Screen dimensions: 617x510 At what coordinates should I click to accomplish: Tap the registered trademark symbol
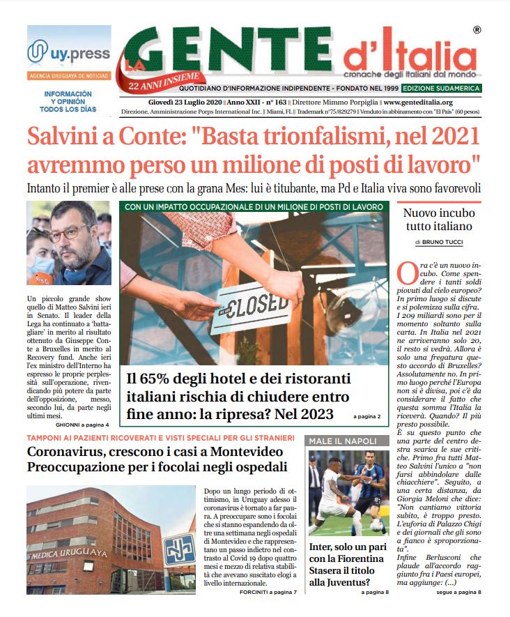tap(476, 30)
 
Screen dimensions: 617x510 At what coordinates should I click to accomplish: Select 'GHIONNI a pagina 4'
tap(82, 424)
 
